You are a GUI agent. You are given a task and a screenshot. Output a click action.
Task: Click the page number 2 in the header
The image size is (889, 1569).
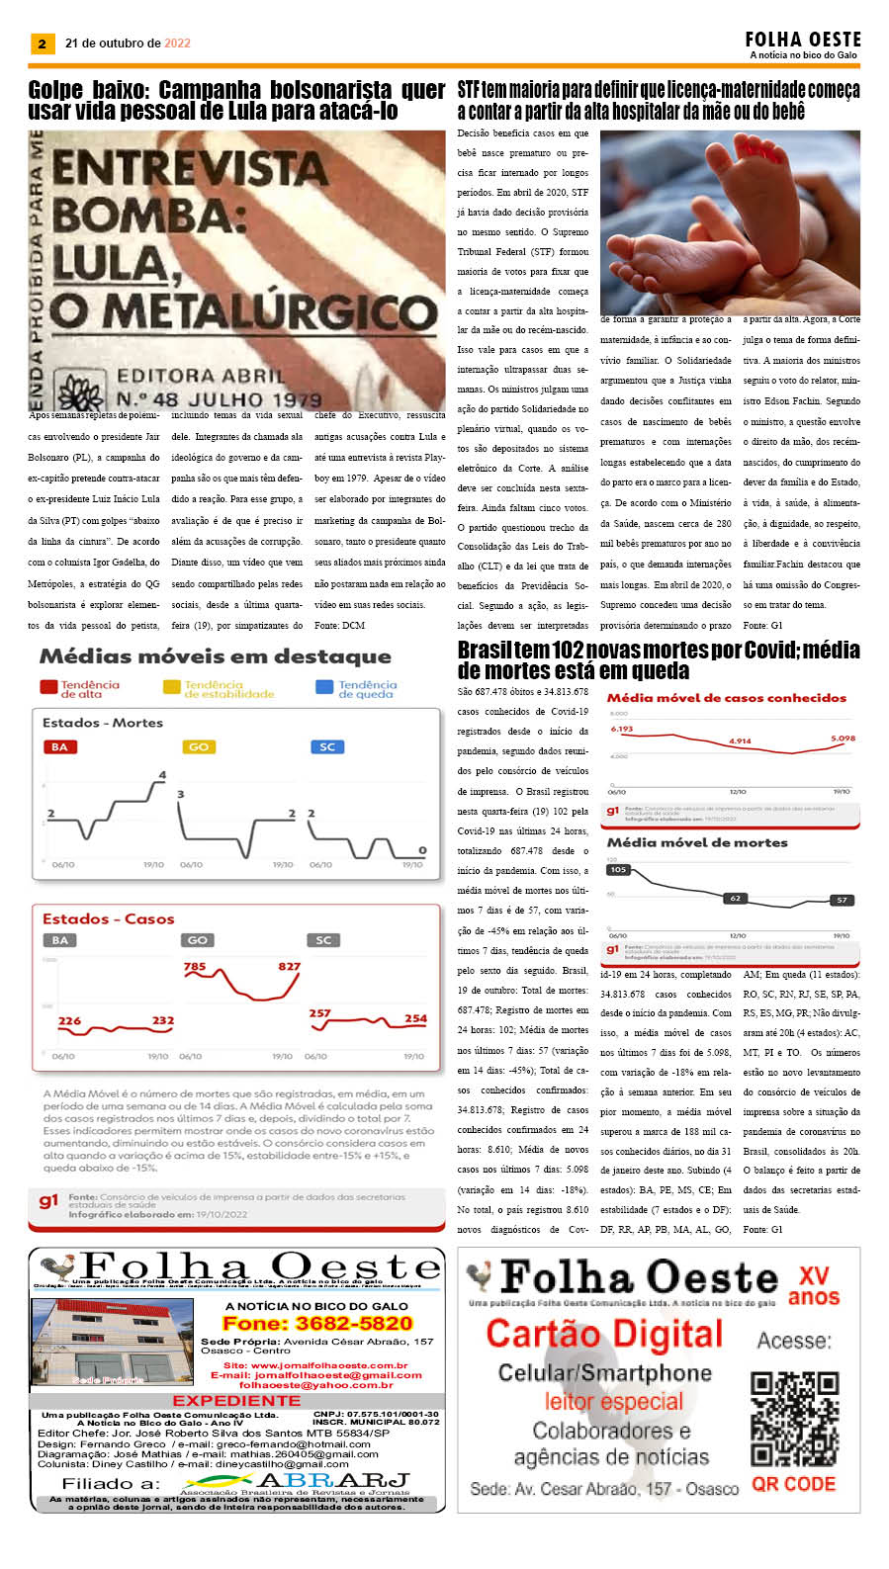pos(42,44)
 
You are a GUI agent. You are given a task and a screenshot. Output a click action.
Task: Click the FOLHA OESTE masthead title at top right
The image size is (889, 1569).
pos(802,40)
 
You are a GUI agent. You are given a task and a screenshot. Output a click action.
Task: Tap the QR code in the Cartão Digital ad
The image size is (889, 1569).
pos(794,1419)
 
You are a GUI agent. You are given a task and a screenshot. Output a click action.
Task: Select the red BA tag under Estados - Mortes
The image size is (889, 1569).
pos(59,747)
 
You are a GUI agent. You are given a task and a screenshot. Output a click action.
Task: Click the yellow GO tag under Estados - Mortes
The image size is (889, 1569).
pos(199,747)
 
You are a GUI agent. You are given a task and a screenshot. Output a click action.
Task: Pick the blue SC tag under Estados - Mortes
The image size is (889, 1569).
pos(327,747)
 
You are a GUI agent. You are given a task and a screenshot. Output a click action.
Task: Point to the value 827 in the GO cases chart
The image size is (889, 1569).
pos(289,966)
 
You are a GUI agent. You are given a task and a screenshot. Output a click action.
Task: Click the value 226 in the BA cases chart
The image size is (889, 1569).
pos(69,1020)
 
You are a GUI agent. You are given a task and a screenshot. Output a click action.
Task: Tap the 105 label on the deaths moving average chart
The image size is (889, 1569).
pos(619,870)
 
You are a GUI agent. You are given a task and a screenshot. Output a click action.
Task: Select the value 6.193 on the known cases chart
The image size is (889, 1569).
pos(622,730)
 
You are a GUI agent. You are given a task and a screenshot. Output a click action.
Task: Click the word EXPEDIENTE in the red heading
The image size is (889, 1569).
pos(236,1401)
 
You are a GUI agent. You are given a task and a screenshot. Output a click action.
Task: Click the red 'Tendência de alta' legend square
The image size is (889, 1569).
pos(48,687)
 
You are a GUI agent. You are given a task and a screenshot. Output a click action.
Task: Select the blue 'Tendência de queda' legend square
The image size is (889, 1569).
pos(323,687)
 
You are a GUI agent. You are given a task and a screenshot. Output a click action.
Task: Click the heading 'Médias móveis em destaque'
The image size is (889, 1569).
pos(215,656)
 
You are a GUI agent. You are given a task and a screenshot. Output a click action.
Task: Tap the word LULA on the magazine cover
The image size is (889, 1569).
pos(109,264)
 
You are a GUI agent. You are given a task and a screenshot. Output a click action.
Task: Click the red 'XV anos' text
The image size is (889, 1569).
pos(813,1286)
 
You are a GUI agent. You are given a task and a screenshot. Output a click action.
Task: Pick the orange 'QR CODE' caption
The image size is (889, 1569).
pos(793,1484)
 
